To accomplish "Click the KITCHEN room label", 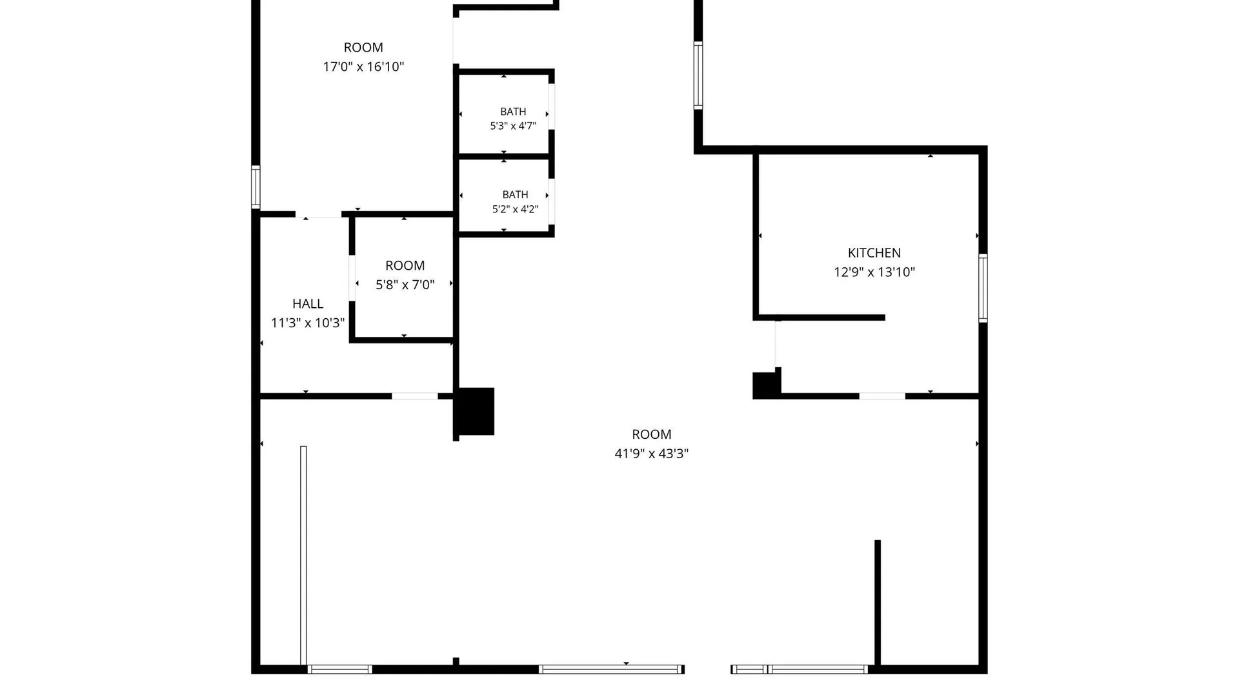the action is tap(874, 253).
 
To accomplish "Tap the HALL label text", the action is tap(308, 303).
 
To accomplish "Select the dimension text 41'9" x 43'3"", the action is tap(651, 454).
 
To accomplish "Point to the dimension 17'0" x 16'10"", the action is tap(363, 66).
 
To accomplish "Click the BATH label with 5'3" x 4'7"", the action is tap(513, 112).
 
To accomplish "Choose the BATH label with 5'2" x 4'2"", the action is tap(515, 194).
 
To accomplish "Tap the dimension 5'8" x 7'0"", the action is tap(405, 285).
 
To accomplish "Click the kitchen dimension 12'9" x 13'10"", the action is tap(874, 272).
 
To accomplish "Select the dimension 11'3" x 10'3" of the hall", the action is tap(308, 323).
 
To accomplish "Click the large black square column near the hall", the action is tap(475, 411).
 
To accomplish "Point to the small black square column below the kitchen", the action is tap(766, 385).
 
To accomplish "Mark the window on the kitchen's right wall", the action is tap(983, 288).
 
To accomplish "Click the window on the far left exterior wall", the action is tap(256, 187).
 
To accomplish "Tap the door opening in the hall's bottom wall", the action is tap(415, 396).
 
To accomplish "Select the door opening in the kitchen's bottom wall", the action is tap(882, 396).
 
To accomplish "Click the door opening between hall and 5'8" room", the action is tap(352, 278).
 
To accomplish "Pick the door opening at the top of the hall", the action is tap(318, 214).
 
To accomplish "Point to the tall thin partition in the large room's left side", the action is tap(303, 555).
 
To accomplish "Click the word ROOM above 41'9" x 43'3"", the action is tap(652, 434).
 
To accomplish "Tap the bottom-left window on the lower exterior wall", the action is tap(339, 669).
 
